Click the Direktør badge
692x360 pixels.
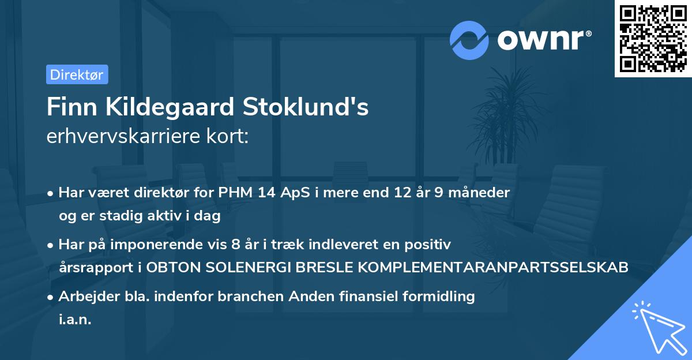pos(77,74)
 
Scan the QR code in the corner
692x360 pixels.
pos(653,39)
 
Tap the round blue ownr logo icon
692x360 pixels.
pos(469,40)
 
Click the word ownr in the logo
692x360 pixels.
pos(544,40)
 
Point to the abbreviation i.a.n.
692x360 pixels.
pos(75,320)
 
